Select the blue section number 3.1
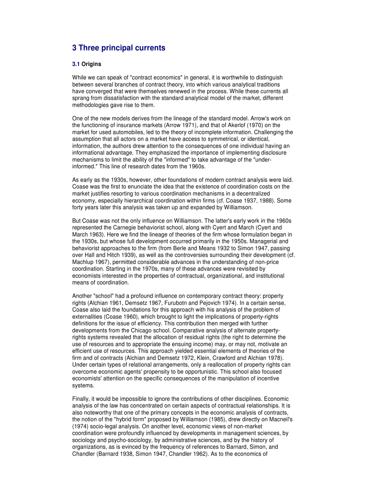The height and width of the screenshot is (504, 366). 76,64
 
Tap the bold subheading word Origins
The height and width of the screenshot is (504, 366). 91,64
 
